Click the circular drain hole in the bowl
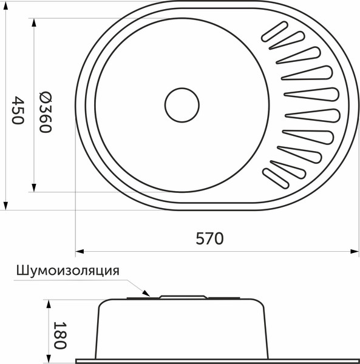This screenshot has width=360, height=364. [x=182, y=106]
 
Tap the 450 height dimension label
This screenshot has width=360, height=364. [x=16, y=110]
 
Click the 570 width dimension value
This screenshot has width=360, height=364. [x=209, y=238]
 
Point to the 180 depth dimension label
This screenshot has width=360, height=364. [x=59, y=335]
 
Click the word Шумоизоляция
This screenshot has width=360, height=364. [x=67, y=271]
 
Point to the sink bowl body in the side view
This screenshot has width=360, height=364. [x=182, y=331]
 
